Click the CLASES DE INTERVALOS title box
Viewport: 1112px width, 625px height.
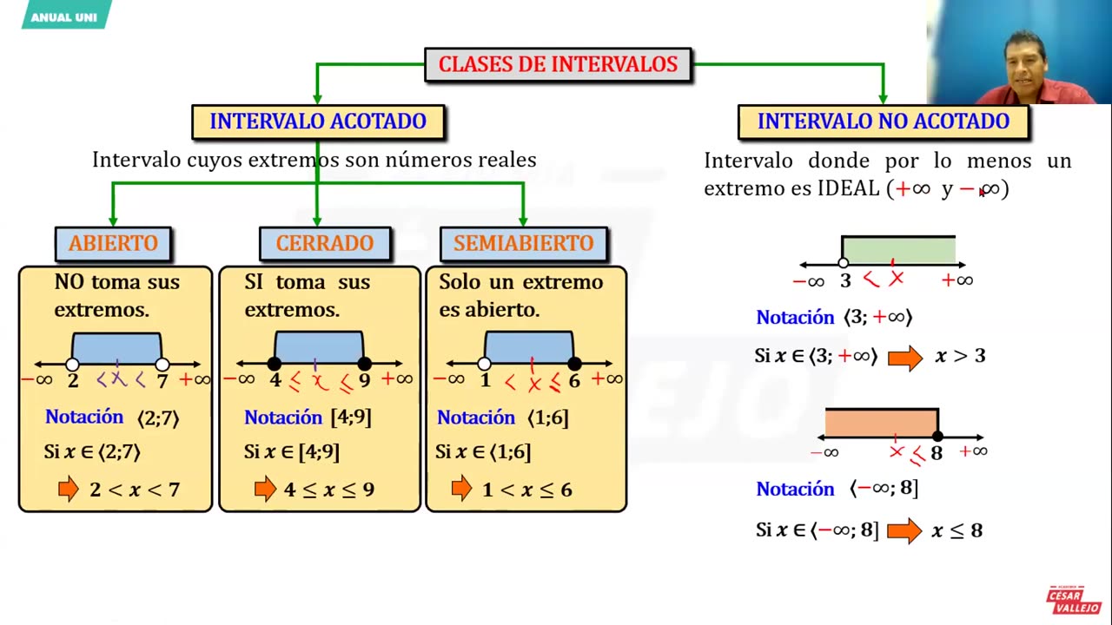[x=558, y=65]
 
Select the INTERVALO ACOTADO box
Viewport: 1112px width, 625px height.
[x=318, y=122]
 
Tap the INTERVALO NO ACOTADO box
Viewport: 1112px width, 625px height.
[x=883, y=122]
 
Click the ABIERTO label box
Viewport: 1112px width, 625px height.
[x=113, y=244]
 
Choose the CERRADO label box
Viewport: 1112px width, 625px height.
[x=325, y=244]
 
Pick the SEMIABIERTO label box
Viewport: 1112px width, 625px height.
[x=524, y=244]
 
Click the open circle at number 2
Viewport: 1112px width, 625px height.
[x=73, y=365]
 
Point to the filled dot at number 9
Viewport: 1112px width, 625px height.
[x=365, y=365]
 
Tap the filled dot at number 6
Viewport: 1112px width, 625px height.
[x=574, y=365]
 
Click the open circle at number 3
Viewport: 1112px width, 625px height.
[x=844, y=264]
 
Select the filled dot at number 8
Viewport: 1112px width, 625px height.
[x=937, y=437]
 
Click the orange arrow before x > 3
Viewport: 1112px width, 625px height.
[x=905, y=357]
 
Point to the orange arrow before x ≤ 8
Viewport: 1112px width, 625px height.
[x=904, y=530]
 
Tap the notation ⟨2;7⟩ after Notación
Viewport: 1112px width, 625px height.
[x=158, y=418]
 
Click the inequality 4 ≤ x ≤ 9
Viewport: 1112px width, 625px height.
[x=329, y=490]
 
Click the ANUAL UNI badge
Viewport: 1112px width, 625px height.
[x=65, y=16]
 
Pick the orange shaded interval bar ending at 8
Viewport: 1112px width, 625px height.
[x=881, y=423]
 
